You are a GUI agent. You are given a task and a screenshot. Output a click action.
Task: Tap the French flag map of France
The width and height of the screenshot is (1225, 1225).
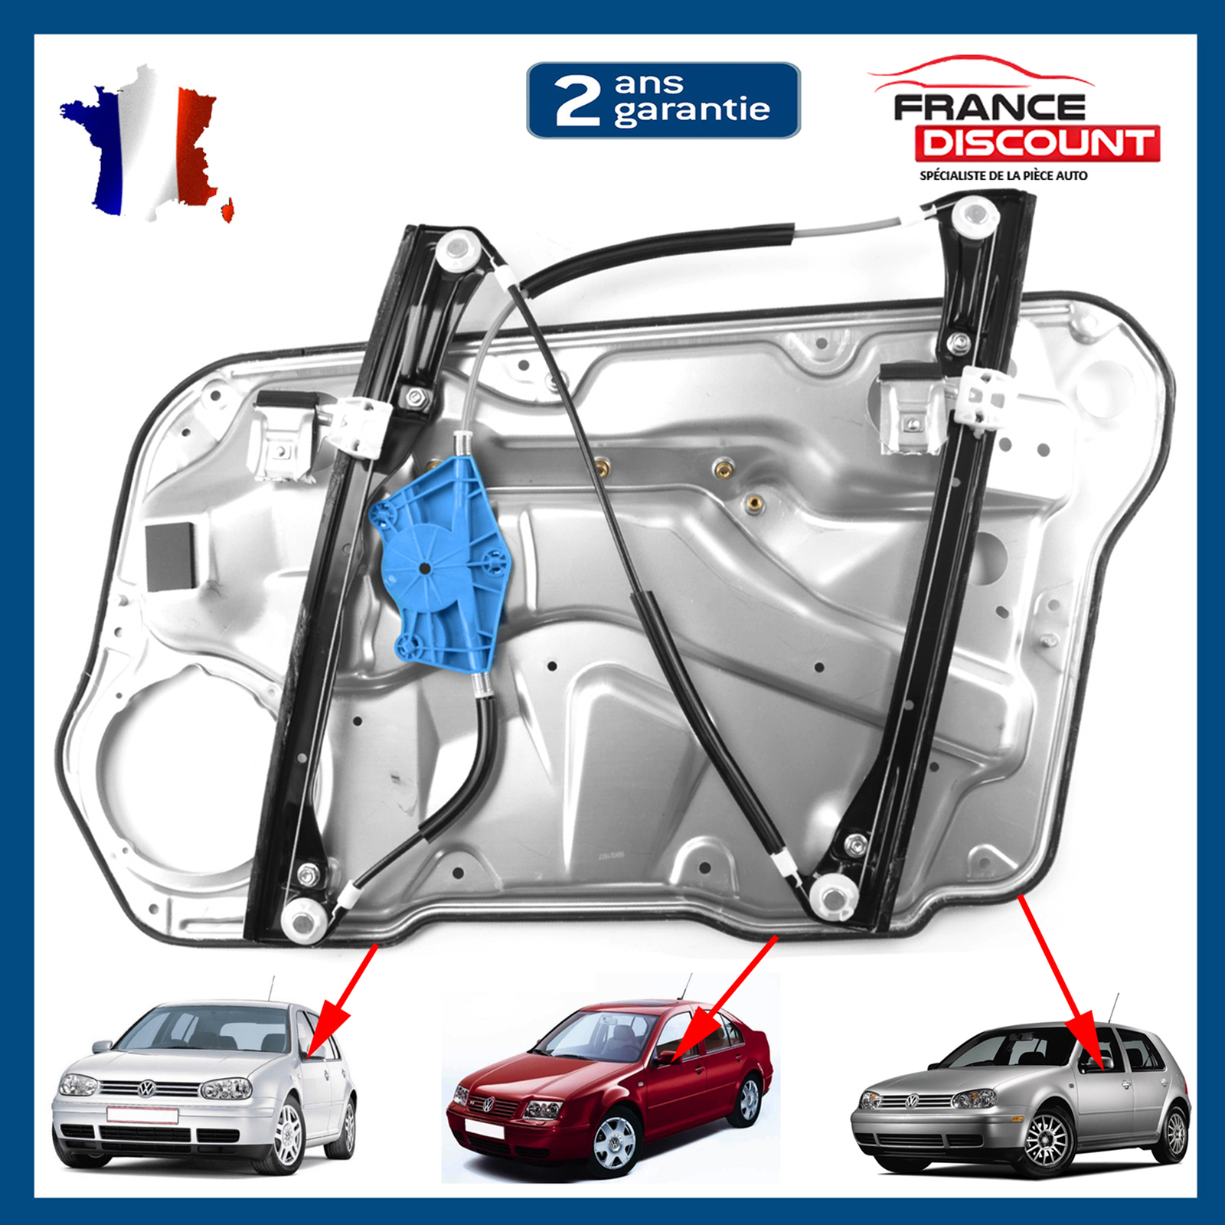coord(145,145)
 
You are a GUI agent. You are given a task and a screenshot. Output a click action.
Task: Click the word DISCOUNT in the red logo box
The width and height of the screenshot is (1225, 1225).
coord(1037,143)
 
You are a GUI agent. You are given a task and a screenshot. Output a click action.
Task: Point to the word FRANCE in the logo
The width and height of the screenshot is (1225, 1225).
coord(989,107)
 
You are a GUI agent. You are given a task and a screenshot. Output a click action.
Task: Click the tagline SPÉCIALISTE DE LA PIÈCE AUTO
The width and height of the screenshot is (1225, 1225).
coord(1003,175)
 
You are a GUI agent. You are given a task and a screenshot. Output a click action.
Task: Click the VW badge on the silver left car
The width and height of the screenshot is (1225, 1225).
coord(146,1089)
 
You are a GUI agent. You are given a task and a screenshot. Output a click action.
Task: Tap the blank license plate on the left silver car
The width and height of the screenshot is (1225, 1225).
coord(142,1115)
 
